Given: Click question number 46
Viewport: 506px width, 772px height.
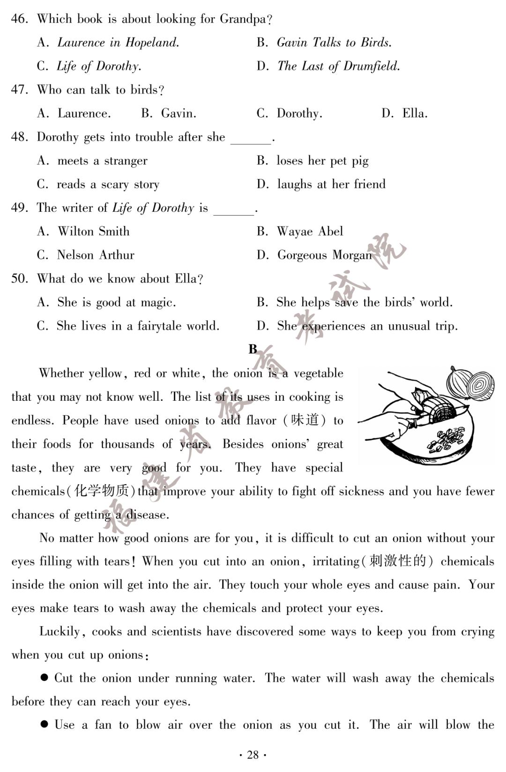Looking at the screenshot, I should pos(19,19).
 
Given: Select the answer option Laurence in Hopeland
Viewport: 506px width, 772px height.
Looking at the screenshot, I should pos(118,43).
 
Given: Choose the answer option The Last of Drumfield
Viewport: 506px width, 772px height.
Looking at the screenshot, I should pos(338,66).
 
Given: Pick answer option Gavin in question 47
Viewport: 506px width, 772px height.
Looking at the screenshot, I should pos(178,113).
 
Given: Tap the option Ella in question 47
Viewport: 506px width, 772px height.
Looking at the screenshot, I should pos(415,113).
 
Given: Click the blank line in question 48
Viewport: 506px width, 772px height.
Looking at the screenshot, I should pos(251,141).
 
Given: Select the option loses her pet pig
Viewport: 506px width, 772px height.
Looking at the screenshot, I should pos(322,161).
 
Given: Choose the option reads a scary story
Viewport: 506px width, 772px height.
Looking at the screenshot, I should pos(108,185).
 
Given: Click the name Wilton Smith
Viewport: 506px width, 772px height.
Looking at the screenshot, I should pos(93,232).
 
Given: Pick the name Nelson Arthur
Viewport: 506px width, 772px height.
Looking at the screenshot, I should pos(96,255).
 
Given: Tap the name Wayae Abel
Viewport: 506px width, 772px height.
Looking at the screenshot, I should pos(310,232).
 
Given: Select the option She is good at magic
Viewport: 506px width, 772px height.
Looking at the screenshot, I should pos(116,302).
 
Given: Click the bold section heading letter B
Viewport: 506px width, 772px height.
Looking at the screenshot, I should pos(253,349).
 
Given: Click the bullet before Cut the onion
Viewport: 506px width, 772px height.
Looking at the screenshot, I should pos(45,677).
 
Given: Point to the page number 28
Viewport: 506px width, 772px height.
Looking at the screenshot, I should pos(253,755).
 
